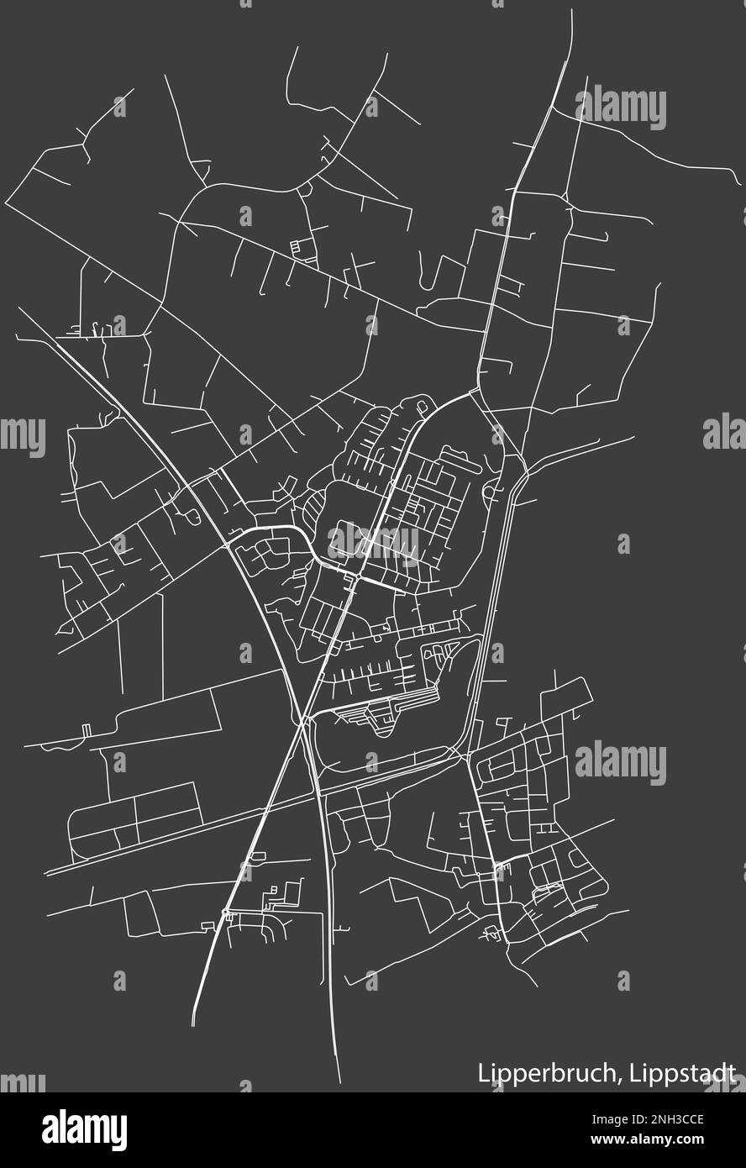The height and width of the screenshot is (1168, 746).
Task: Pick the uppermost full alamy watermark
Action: pos(621,108)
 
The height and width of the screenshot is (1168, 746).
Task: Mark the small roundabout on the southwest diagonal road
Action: pos(225,912)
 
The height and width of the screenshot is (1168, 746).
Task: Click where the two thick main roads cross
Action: pos(303,720)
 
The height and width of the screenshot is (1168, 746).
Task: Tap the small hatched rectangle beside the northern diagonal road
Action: pos(294,246)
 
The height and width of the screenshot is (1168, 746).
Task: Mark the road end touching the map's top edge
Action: pos(572,12)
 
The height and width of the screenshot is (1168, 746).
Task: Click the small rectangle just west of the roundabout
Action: pos(207,925)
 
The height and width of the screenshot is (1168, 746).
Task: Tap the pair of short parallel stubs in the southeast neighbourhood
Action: pos(546,829)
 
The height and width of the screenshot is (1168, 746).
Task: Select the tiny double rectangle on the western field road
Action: pos(87,729)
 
